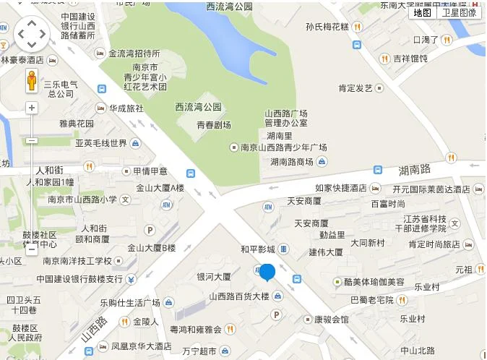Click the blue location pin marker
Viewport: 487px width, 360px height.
coord(267,273)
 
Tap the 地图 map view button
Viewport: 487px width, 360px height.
coord(422,12)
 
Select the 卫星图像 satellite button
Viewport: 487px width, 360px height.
coord(459,12)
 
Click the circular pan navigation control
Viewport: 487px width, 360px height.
coord(32,33)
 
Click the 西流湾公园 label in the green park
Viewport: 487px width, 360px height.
coord(198,106)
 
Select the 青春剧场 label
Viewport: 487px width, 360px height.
coord(214,125)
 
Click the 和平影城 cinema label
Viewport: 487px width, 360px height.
coord(258,249)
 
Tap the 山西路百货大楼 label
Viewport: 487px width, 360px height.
coord(238,296)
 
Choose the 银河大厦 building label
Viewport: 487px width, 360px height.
coord(213,276)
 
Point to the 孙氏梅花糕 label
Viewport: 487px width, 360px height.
coord(327,27)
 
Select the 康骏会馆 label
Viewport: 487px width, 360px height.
coord(331,318)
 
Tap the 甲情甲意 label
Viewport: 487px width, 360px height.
coord(150,171)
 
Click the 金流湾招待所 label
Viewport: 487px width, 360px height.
coord(134,53)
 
